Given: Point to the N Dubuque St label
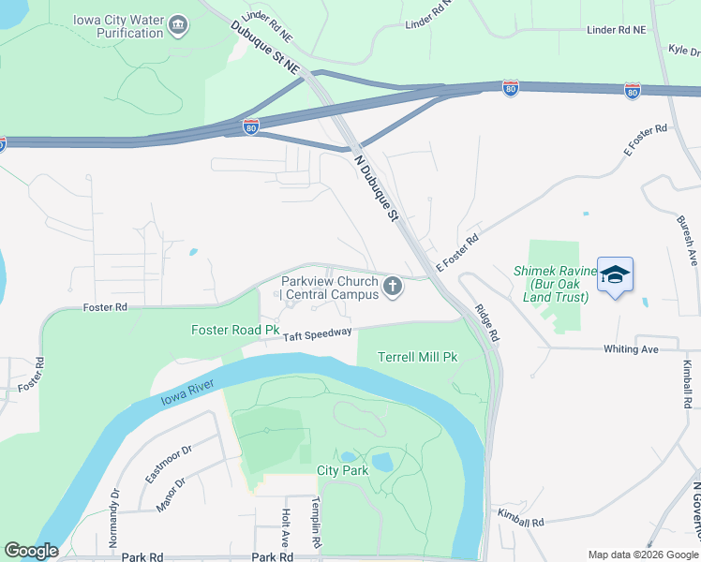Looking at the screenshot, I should (377, 188).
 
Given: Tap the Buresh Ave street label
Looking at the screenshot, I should (686, 238).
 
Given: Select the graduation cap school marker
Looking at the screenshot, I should (615, 274).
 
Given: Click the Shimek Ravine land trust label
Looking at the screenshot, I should (550, 284).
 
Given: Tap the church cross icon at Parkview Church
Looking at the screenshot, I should (393, 287).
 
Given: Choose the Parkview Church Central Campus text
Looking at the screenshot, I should (330, 288).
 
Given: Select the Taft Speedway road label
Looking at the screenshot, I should (317, 333).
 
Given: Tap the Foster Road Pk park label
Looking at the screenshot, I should (235, 330).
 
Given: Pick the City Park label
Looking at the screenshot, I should (342, 470).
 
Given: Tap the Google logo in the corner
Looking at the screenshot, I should (31, 551).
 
